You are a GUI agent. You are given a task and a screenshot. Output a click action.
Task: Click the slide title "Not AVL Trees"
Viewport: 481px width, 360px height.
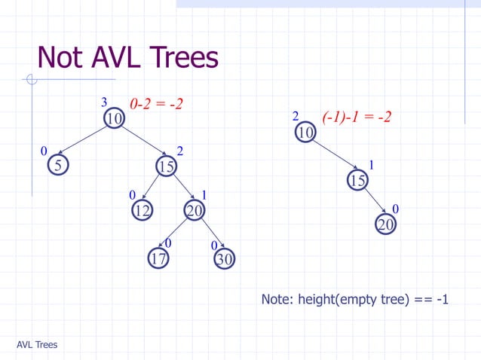point(127,57)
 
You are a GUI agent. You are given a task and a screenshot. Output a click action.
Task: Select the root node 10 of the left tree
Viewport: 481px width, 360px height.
point(114,119)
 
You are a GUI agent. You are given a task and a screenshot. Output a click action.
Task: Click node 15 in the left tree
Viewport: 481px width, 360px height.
point(166,166)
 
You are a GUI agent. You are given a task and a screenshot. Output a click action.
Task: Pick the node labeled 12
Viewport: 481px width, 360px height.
point(142,212)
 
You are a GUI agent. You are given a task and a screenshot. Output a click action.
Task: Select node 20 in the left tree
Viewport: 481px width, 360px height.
point(195,212)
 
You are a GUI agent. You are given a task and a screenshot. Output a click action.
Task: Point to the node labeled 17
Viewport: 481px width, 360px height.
point(158,259)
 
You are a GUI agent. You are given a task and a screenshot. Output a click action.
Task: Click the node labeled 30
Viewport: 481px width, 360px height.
point(225,259)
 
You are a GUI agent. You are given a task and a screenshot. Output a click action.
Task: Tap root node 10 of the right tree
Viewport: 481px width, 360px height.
point(305,133)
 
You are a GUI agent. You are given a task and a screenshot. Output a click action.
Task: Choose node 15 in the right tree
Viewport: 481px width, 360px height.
point(357,180)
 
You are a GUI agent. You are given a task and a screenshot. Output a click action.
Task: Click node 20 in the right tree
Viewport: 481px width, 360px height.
point(385,225)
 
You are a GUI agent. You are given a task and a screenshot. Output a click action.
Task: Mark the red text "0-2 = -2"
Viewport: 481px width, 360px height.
point(157,103)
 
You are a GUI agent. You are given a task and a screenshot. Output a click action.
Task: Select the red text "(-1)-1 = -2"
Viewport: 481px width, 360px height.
point(356,117)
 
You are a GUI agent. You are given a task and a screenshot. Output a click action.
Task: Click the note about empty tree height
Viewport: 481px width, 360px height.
point(354,300)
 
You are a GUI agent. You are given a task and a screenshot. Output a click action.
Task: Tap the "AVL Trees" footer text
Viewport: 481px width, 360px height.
point(37,345)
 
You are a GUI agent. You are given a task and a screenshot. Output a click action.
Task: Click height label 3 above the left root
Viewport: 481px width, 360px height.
point(104,102)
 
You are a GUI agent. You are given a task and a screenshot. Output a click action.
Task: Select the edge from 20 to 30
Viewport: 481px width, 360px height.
point(210,236)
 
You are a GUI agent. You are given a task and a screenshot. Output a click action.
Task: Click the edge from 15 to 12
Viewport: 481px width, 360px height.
point(153,188)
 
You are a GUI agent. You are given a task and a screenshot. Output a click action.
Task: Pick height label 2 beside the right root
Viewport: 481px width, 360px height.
point(296,117)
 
